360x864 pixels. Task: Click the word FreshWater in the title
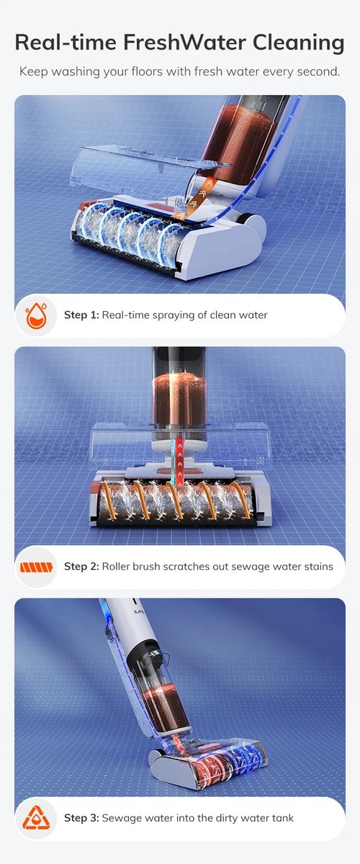click(184, 42)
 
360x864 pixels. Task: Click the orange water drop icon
click(37, 315)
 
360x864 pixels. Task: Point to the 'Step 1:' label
click(81, 315)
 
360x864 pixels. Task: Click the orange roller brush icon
click(36, 567)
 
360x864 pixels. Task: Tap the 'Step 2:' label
click(82, 566)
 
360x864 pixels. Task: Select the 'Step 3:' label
click(82, 818)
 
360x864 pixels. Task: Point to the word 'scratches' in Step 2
click(185, 566)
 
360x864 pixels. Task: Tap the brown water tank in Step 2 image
click(179, 401)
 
